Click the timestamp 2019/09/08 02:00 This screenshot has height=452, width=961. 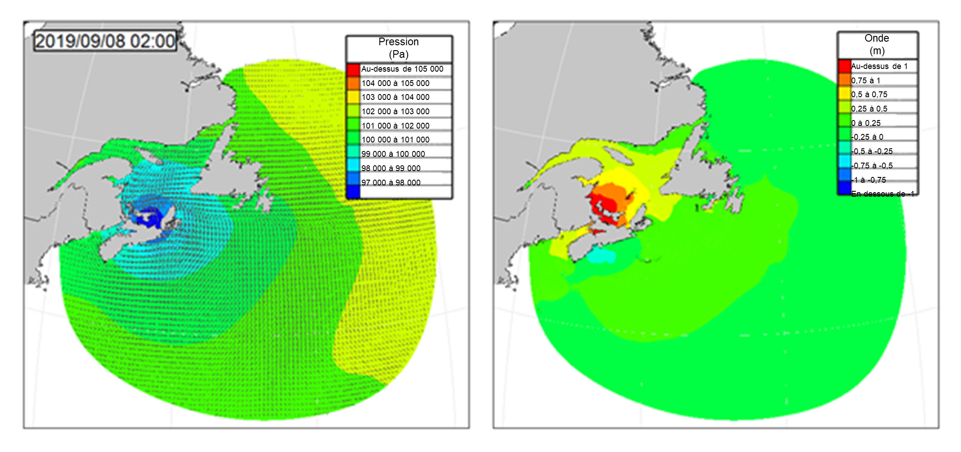click(x=105, y=41)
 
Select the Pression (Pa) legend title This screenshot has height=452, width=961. click(x=398, y=48)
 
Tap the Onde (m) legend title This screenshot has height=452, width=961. click(x=877, y=44)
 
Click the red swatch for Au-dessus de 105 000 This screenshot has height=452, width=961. click(x=353, y=69)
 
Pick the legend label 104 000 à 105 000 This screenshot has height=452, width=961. click(x=395, y=83)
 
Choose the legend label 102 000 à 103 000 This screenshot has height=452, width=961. click(x=395, y=112)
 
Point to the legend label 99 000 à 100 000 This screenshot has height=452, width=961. click(x=393, y=154)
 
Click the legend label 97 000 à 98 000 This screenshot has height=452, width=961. click(x=391, y=183)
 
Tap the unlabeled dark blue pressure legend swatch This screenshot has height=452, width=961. click(x=353, y=192)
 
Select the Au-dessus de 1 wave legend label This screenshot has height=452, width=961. click(x=879, y=66)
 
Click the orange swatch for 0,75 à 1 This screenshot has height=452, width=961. click(x=844, y=80)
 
